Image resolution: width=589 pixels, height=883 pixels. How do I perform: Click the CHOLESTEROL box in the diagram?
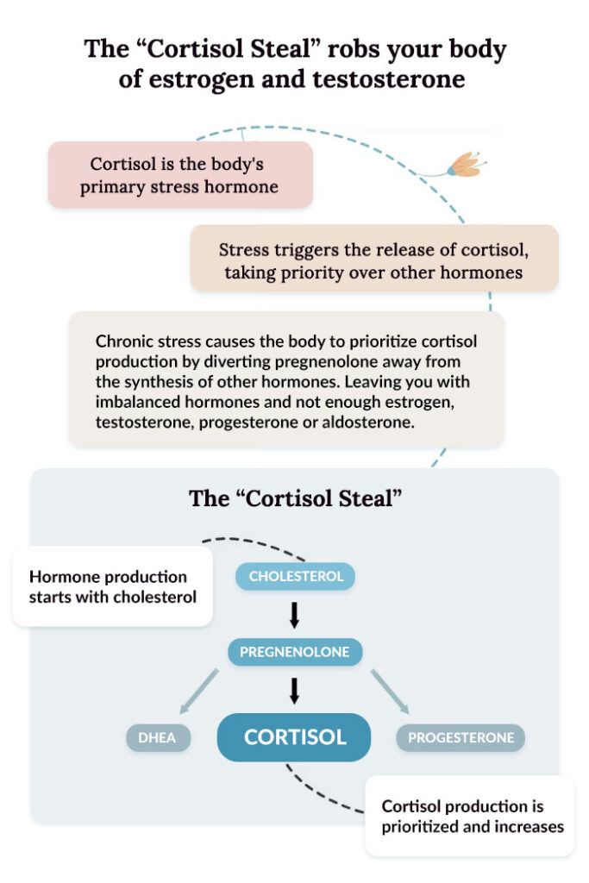coord(295,576)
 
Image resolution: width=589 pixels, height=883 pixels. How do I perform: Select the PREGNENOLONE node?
coord(295,652)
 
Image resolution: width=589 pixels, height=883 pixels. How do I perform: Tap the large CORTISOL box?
coord(294,737)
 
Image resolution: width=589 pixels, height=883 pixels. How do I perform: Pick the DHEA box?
coord(158,738)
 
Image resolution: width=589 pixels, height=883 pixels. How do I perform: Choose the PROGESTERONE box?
coord(461,738)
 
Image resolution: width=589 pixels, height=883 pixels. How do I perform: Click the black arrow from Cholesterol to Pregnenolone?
coord(294,614)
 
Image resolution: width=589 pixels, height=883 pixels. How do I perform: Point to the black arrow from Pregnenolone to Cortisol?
coord(294,690)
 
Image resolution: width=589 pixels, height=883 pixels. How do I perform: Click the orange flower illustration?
coord(465,164)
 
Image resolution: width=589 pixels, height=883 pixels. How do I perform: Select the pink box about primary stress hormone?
coord(179,175)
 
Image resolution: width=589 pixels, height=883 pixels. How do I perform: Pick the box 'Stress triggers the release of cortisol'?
coord(373,261)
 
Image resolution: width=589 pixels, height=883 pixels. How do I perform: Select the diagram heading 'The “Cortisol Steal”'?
coord(295,499)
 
